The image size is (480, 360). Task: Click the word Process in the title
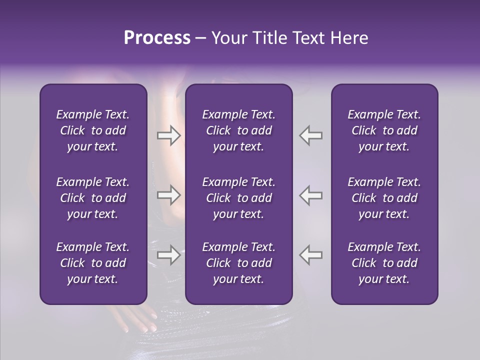(157, 38)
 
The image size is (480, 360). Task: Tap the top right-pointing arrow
(168, 135)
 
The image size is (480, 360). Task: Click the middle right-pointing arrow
(168, 195)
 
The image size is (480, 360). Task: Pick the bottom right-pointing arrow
(168, 255)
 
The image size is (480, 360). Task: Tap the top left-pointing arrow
(311, 135)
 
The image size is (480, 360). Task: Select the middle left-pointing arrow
(311, 195)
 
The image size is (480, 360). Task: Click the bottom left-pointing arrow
(311, 255)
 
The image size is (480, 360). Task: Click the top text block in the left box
(93, 130)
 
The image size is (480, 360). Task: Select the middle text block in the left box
(93, 198)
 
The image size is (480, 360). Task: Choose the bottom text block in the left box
(93, 263)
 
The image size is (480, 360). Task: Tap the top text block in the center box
(238, 130)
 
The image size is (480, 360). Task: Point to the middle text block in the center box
(238, 198)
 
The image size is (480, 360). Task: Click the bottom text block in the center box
(238, 263)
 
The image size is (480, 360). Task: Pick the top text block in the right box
(384, 130)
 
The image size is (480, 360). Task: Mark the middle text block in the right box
(384, 198)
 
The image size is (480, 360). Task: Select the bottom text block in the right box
(384, 263)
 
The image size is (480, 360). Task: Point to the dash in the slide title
(200, 38)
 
